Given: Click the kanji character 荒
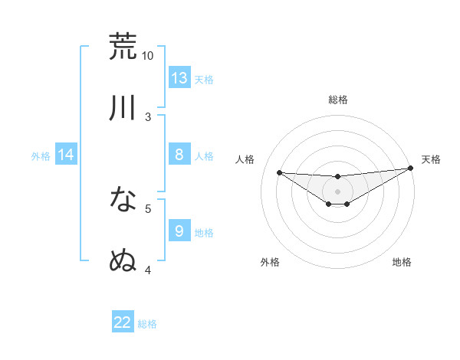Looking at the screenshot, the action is (123, 46).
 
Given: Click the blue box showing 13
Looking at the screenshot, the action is (179, 78).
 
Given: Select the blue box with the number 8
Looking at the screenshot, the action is (179, 155).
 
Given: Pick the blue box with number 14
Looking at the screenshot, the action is (66, 155).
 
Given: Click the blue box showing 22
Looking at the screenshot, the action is (123, 322).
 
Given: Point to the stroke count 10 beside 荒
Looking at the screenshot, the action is (148, 56).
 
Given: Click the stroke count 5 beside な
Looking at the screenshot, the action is (148, 208).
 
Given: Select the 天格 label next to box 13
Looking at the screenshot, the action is (204, 79).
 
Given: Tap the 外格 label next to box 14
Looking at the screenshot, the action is (41, 155).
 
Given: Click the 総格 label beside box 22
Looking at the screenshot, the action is (147, 323).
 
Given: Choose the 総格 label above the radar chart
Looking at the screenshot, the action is (337, 100).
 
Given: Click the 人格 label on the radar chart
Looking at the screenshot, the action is (245, 159).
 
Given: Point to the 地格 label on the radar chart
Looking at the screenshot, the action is (402, 262).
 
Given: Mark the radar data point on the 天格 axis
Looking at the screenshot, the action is (410, 169).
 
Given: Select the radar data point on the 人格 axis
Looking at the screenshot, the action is (279, 172).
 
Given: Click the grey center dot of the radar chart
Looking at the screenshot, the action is (337, 191).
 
